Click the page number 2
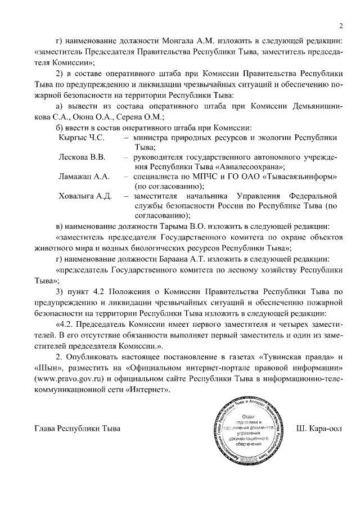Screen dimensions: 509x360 click(341, 25)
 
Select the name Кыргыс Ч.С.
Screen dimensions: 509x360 click(82, 137)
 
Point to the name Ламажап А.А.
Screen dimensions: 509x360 click(83, 177)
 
